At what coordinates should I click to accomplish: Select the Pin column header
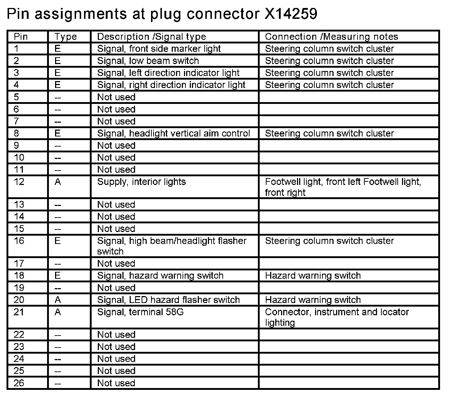click(x=21, y=37)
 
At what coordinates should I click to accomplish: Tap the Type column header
click(x=66, y=37)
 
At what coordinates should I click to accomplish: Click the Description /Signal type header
click(x=151, y=37)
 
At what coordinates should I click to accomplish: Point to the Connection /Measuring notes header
click(x=331, y=37)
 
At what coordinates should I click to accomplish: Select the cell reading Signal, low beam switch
click(x=148, y=61)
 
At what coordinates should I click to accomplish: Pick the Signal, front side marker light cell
click(x=159, y=49)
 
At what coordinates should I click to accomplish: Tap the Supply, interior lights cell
click(x=141, y=182)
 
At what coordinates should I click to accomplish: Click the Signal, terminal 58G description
click(x=140, y=312)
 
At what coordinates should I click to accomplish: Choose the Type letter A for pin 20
click(x=58, y=300)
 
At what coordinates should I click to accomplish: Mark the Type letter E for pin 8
click(x=58, y=133)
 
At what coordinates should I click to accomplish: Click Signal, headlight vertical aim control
click(x=173, y=133)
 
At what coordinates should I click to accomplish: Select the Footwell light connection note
click(x=343, y=187)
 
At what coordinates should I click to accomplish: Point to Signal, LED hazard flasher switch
click(x=168, y=300)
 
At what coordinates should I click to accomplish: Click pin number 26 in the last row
click(x=19, y=383)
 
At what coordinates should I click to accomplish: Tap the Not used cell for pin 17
click(x=116, y=264)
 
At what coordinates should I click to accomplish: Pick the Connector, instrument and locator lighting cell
click(x=337, y=317)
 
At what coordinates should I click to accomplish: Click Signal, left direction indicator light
click(x=168, y=73)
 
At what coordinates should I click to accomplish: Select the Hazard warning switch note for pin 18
click(x=313, y=276)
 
